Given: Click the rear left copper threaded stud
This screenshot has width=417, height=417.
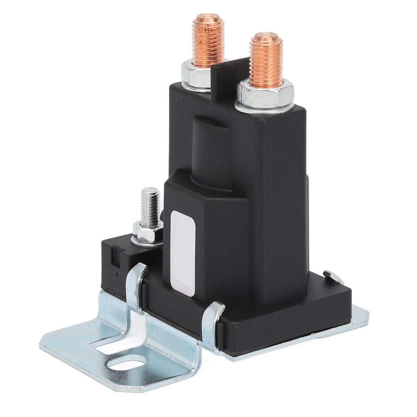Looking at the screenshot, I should click(208, 41).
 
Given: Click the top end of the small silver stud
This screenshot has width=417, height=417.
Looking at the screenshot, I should click(150, 191).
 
